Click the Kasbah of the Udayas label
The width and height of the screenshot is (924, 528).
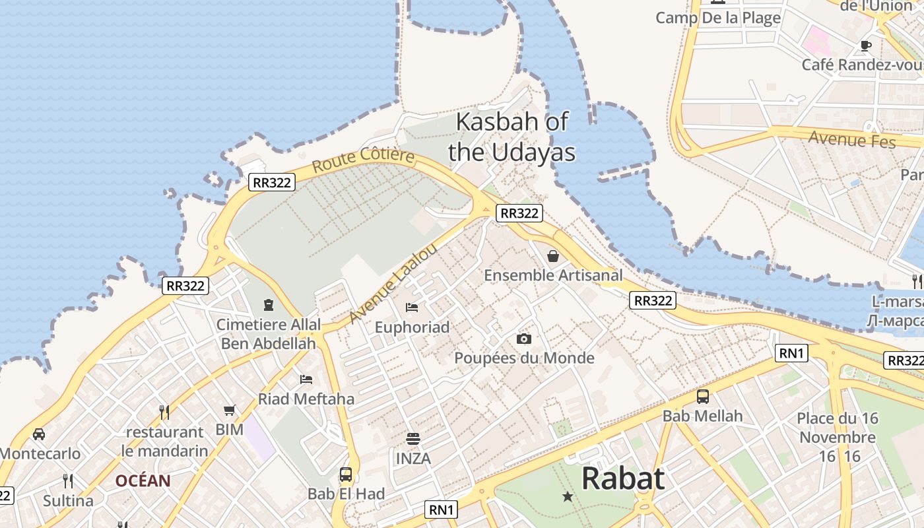click(x=511, y=137)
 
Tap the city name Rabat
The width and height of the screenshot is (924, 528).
click(x=622, y=478)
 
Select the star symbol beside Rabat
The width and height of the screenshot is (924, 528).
click(x=568, y=496)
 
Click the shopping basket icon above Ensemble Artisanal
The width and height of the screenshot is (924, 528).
click(x=553, y=256)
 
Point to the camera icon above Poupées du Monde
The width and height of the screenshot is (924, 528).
click(x=524, y=339)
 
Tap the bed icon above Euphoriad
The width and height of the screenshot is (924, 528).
click(x=412, y=308)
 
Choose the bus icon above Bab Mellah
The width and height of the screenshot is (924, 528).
click(x=703, y=397)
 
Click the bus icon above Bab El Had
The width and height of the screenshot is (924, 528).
click(x=346, y=474)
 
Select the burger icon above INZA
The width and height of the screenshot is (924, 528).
click(x=413, y=439)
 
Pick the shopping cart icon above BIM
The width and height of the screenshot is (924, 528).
click(x=230, y=411)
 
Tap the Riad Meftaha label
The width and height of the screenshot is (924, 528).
click(x=306, y=399)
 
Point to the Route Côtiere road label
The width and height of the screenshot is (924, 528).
click(x=363, y=160)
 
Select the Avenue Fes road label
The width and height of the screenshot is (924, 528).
click(x=852, y=139)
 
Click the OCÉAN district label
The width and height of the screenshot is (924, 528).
click(x=143, y=480)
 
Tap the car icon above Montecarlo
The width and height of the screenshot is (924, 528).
click(x=39, y=434)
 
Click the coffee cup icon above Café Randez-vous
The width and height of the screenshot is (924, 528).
click(x=866, y=46)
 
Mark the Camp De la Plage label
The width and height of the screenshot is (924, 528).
click(x=718, y=18)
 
